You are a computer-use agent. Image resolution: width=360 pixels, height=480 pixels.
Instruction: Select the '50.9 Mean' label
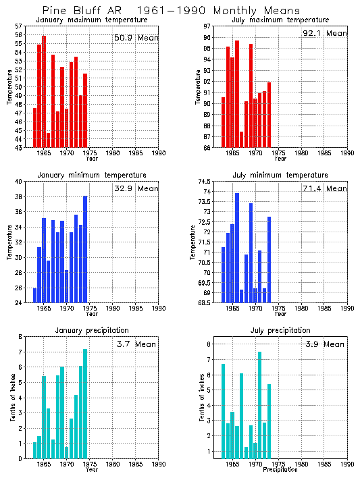[136, 38]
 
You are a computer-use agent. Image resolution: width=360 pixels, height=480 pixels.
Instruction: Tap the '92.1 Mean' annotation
[325, 33]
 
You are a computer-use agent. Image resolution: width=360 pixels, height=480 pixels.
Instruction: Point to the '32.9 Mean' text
[136, 189]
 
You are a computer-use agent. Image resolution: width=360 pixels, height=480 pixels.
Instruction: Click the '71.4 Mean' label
[325, 189]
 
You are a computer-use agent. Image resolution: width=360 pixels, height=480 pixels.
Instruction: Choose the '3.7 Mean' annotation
[136, 344]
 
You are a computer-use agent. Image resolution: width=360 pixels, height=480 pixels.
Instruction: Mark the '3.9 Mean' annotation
[325, 344]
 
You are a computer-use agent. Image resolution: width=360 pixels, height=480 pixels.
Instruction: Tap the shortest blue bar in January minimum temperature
[34, 295]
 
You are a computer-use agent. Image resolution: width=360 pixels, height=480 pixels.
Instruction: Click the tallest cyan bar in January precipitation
[85, 403]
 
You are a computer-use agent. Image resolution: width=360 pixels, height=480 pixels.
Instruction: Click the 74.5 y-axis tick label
[203, 182]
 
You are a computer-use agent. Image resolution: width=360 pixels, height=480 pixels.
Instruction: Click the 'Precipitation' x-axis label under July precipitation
[280, 469]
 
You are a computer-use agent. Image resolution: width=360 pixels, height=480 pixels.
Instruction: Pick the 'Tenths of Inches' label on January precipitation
[12, 398]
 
